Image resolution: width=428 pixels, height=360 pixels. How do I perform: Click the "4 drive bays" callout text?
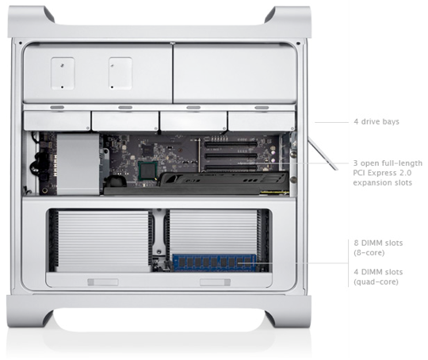(x=376, y=121)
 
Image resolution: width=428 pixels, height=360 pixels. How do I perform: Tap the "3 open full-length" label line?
(x=388, y=163)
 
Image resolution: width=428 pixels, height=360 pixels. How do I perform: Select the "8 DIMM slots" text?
(x=378, y=243)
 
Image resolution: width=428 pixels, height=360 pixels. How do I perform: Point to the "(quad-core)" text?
(x=376, y=281)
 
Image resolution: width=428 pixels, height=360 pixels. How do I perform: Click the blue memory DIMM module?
(x=215, y=262)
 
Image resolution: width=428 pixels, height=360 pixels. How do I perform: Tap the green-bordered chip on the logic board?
(x=147, y=170)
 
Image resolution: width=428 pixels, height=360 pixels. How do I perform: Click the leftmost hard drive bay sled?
(x=57, y=121)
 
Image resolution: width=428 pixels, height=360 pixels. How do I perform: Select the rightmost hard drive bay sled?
(x=262, y=121)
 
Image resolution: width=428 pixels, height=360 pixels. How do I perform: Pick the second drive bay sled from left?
(x=125, y=121)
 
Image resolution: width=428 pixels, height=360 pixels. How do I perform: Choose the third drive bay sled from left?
(x=193, y=121)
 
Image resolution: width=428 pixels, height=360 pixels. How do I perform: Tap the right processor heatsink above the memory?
(x=213, y=232)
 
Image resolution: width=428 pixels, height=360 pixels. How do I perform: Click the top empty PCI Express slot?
(x=231, y=145)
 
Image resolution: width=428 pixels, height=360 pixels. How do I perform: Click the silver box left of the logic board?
(x=78, y=164)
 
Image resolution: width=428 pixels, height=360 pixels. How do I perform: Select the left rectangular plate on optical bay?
(x=63, y=73)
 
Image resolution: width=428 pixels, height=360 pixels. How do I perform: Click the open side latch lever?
(x=323, y=154)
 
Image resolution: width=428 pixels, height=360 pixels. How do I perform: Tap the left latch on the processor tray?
(x=102, y=281)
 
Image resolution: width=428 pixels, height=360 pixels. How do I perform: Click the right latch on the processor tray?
(x=215, y=281)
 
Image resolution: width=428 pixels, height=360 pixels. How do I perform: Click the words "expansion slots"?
(x=382, y=182)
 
